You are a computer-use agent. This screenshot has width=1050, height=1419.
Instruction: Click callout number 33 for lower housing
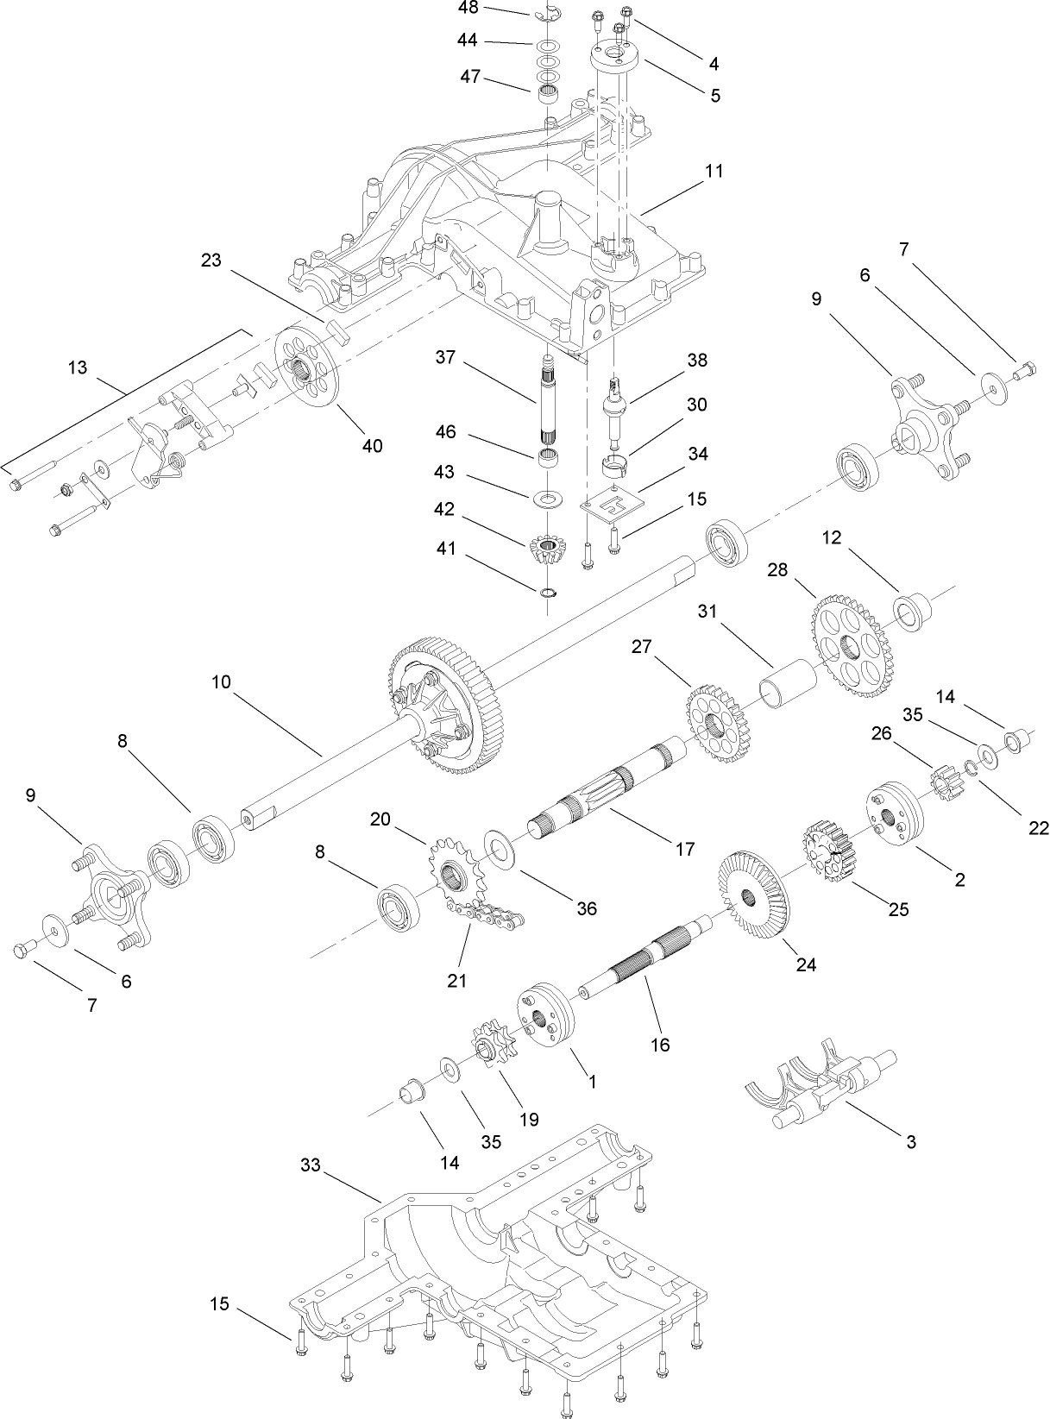coord(310,1165)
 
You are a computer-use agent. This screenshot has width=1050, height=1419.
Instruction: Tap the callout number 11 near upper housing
coord(713,170)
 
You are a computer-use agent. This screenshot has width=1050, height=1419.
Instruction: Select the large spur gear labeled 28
coord(852,644)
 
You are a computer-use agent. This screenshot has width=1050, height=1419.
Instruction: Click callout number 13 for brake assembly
coord(77,367)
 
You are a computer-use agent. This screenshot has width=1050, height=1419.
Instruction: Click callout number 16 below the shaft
coord(659,1045)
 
